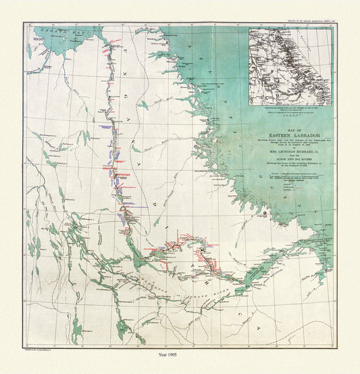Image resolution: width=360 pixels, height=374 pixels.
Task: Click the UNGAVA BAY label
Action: [x=61, y=31]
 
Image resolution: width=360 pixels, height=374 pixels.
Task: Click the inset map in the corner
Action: [x=289, y=66]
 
